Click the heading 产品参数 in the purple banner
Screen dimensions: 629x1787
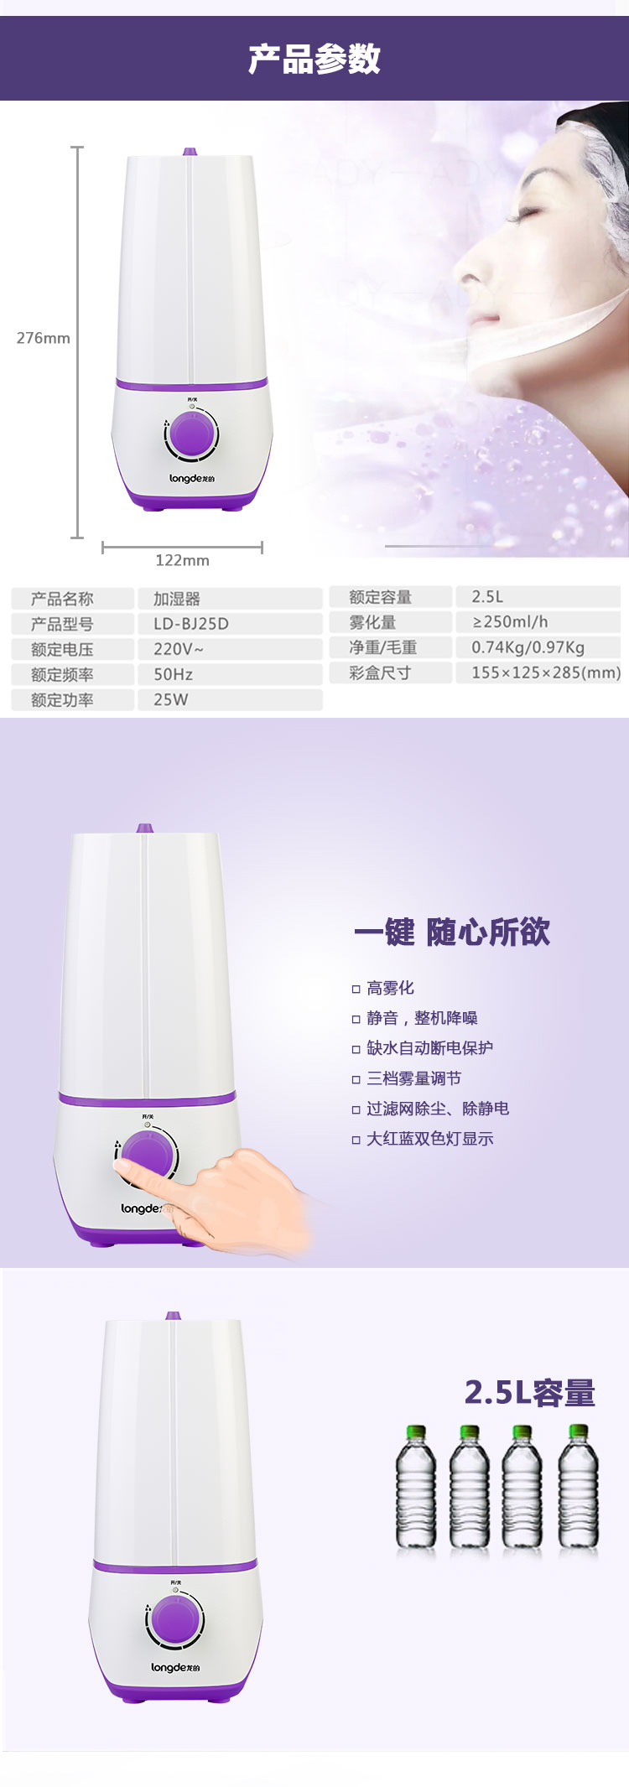click(x=314, y=59)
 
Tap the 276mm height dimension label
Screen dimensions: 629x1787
click(x=44, y=338)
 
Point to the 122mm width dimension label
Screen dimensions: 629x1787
click(x=182, y=560)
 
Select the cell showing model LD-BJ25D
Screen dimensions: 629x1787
click(x=230, y=624)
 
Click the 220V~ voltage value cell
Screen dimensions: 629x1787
click(x=230, y=649)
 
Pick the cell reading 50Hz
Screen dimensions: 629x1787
click(x=230, y=674)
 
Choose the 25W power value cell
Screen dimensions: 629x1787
click(x=230, y=699)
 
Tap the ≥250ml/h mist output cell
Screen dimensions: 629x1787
click(x=538, y=621)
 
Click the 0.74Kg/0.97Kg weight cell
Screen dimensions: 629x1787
click(x=538, y=647)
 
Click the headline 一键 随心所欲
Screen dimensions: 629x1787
click(x=452, y=932)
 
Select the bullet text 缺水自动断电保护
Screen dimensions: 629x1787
click(x=429, y=1047)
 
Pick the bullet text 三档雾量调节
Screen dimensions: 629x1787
click(x=413, y=1078)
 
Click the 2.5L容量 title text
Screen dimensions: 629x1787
click(x=530, y=1393)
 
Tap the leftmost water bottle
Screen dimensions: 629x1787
click(x=416, y=1487)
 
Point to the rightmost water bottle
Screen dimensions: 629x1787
click(x=579, y=1487)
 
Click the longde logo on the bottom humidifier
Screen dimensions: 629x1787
click(x=175, y=1667)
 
